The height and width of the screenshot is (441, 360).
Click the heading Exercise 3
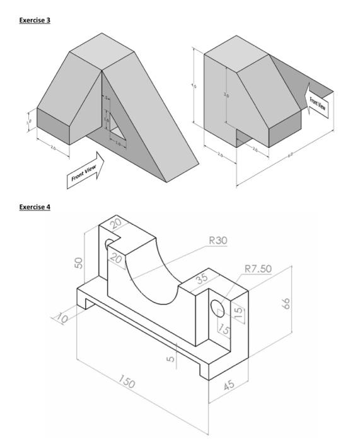coord(35,20)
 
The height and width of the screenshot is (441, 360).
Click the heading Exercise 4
coord(35,207)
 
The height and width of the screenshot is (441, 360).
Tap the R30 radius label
coord(218,240)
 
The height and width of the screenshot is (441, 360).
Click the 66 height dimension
coord(286,304)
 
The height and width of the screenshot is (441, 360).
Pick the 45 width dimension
coord(229,385)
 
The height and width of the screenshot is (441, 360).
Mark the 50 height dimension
coord(79,262)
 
